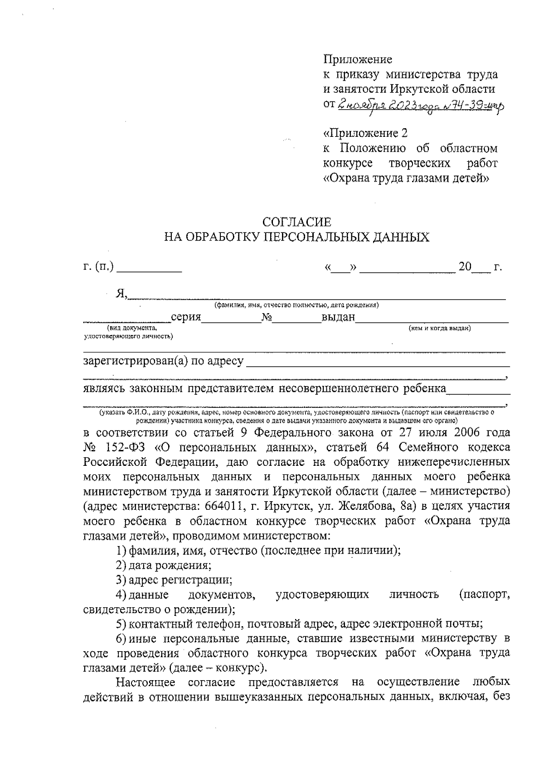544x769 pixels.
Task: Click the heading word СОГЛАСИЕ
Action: point(297,222)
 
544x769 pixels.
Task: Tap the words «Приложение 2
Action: point(365,133)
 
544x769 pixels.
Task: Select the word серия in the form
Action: point(186,317)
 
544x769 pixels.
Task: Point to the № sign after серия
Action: point(266,317)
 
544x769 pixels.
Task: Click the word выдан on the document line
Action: point(338,317)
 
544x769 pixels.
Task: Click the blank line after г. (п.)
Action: point(149,268)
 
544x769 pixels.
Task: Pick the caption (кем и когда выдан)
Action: point(439,328)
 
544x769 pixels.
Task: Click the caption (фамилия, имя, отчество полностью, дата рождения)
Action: point(297,305)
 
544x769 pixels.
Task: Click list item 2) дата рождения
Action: point(163,565)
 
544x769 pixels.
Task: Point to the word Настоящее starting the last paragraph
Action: point(148,682)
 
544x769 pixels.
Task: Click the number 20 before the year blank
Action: point(465,266)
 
